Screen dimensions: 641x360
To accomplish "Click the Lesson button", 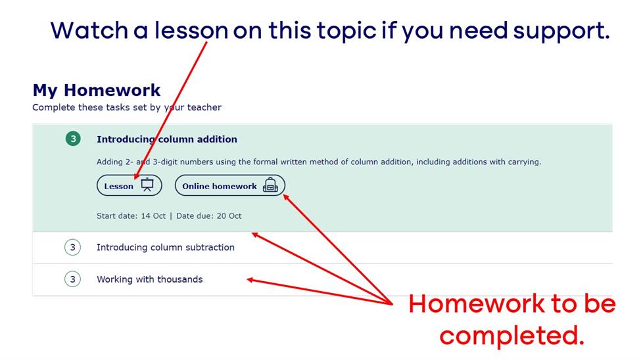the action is point(129,185).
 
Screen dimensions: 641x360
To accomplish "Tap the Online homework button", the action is point(229,185).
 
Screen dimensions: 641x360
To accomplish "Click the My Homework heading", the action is point(97,90).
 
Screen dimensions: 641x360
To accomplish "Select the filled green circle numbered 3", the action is point(73,139).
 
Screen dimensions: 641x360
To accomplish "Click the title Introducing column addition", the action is point(167,139).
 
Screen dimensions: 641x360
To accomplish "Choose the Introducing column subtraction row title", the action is point(166,247).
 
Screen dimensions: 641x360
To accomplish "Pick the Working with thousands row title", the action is point(150,279).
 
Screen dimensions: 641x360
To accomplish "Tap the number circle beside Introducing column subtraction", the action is point(72,247).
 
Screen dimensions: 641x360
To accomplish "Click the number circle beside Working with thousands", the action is point(72,279).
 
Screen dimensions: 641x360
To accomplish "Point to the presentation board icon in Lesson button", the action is point(147,185).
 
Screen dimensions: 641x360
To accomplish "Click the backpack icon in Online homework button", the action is point(270,185).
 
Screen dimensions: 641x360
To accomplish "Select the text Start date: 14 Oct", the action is point(131,215).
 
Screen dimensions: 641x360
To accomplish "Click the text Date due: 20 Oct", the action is point(209,215).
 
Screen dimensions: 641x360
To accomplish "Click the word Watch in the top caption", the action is point(89,30).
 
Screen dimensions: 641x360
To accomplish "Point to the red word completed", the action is point(512,336).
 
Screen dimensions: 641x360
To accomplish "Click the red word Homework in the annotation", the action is point(477,304).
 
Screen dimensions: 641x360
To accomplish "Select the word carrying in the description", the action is point(525,162).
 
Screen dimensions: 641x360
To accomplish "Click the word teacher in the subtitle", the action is point(204,107).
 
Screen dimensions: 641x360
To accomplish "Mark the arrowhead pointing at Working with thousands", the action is point(250,279).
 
